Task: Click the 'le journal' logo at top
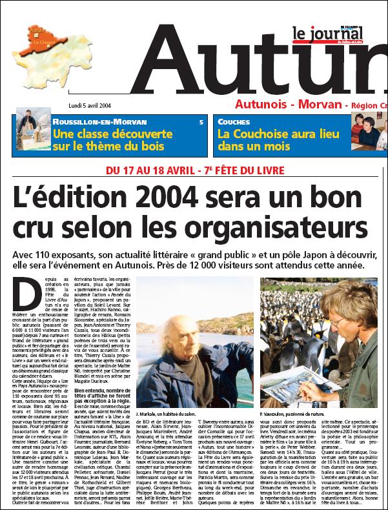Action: (x=328, y=34)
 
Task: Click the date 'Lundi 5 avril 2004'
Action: (x=90, y=105)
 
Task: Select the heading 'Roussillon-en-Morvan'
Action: (x=99, y=121)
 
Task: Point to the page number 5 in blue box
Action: (x=201, y=121)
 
